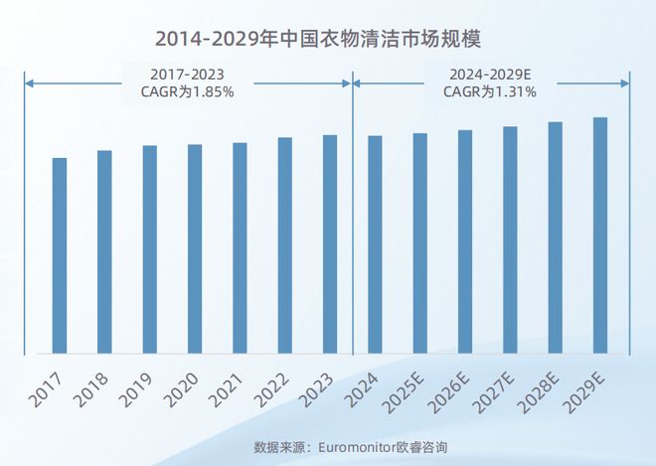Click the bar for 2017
click(x=60, y=255)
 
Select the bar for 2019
click(x=149, y=249)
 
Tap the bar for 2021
click(x=240, y=247)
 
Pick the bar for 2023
click(x=330, y=243)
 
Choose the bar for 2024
click(x=375, y=244)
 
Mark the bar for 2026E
click(x=465, y=241)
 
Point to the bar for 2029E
click(x=600, y=235)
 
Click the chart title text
click(x=327, y=39)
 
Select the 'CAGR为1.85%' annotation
click(x=187, y=92)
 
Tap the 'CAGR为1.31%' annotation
click(x=490, y=92)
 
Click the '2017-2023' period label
click(x=187, y=74)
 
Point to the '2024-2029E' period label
click(x=490, y=74)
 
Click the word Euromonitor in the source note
click(x=358, y=446)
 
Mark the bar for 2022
click(x=284, y=245)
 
